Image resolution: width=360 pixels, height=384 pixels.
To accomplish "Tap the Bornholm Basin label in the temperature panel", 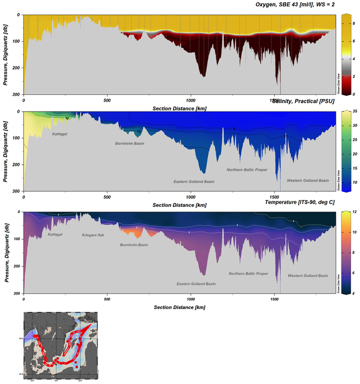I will click(134, 245).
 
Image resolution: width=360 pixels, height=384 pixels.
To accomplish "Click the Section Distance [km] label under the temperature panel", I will click(179, 307).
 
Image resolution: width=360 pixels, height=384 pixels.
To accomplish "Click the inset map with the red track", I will click(60, 347).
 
